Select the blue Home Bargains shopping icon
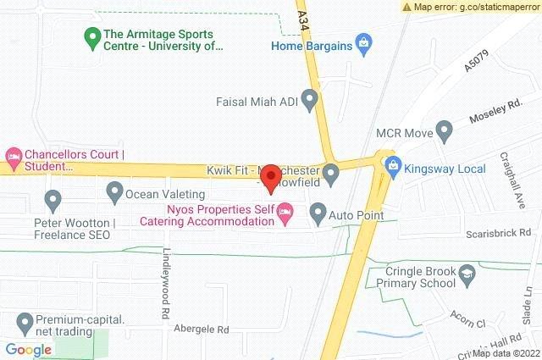[363, 43]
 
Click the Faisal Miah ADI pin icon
[309, 102]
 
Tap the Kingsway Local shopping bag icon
[392, 166]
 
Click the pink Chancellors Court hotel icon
[13, 156]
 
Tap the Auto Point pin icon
[318, 212]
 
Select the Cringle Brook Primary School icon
[467, 274]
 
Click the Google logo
[28, 349]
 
